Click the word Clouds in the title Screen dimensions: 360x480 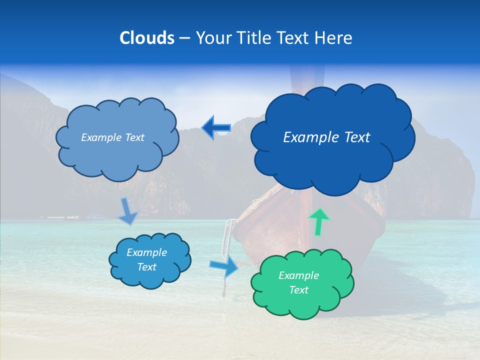[146, 38]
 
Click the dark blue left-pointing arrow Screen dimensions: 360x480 [216, 128]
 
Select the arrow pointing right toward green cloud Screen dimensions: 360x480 [223, 267]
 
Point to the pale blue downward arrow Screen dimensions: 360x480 [128, 211]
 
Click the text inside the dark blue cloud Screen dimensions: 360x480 [326, 137]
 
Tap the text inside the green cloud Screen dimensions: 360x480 [298, 282]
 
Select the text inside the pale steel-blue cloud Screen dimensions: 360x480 [112, 137]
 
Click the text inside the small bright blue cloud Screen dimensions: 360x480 [147, 259]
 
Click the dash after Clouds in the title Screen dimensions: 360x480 [184, 38]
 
